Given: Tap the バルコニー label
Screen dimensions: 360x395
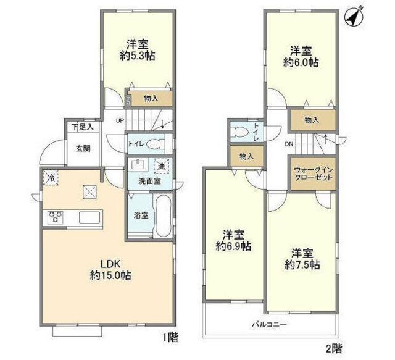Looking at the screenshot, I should click(268, 324).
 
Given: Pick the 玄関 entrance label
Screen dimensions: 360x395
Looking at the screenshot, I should click(83, 148).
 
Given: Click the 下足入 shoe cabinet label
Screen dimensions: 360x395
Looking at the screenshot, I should click(81, 127).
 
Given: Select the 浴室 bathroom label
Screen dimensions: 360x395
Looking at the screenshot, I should click(141, 216).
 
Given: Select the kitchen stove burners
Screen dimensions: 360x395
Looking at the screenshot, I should click(54, 217).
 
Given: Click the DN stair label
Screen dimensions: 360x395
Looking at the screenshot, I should click(288, 144).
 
